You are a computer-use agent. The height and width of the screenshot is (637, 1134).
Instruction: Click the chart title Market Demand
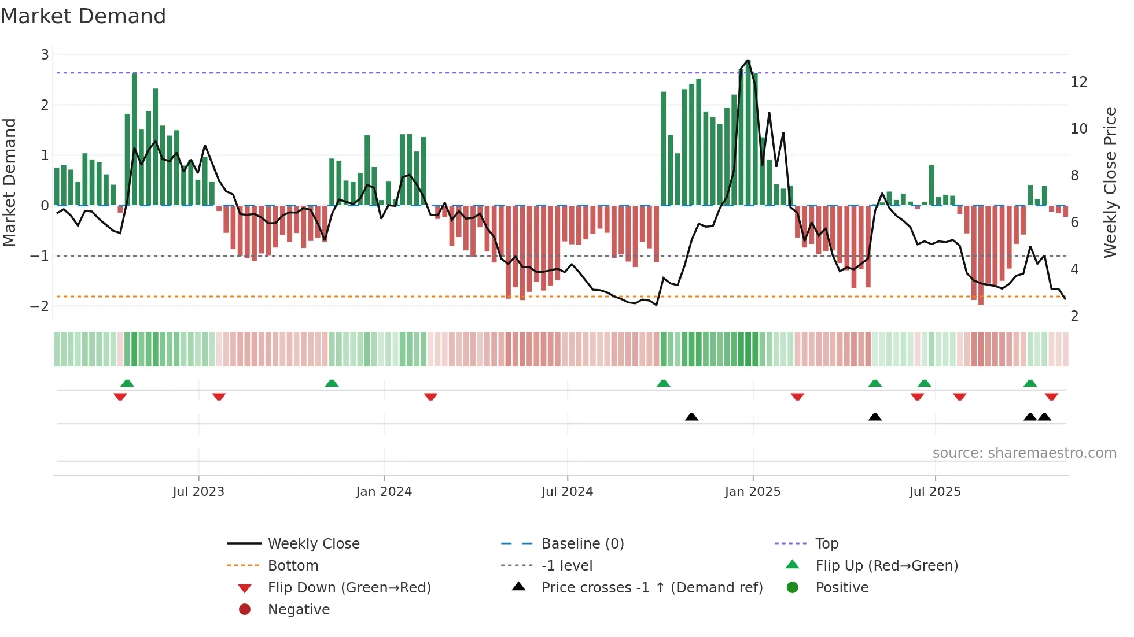pos(83,16)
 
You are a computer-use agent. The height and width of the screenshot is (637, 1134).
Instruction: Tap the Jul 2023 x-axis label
pos(198,492)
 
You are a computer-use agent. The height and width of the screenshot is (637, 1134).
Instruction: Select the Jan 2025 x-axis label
pos(752,492)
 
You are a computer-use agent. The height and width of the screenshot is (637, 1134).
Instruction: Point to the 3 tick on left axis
pos(45,55)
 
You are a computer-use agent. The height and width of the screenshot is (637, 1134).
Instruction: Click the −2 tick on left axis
pos(40,306)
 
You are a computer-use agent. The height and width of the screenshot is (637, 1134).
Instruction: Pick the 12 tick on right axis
pos(1078,82)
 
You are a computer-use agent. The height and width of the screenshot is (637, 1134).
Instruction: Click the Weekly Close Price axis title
pos(1110,182)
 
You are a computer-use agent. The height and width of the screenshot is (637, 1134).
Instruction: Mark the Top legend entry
pos(826,544)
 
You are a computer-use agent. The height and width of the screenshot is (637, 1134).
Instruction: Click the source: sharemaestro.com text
pos(1024,453)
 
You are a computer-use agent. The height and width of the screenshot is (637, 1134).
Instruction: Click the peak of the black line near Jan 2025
pos(748,60)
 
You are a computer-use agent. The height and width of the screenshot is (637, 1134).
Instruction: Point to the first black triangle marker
pos(691,417)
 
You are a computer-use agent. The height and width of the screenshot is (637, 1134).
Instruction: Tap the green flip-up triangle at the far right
pos(1030,383)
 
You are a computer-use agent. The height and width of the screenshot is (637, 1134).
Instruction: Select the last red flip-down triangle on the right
pos(1051,397)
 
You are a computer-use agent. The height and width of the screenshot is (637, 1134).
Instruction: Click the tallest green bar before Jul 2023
pos(134,139)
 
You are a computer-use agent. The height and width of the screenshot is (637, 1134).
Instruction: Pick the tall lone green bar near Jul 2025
pos(932,185)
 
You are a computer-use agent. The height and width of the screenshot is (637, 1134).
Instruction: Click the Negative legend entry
pos(299,610)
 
